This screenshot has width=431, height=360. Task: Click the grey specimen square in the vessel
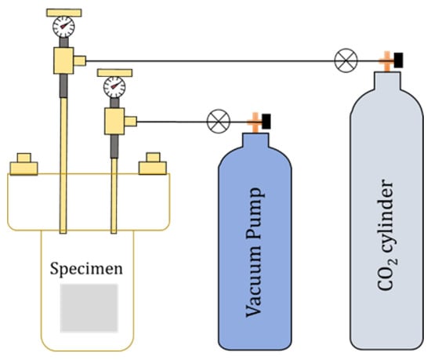(89, 307)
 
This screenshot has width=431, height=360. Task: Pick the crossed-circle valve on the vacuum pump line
(216, 121)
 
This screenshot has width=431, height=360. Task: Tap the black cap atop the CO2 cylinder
(398, 60)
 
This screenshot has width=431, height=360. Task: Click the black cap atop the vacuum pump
(267, 121)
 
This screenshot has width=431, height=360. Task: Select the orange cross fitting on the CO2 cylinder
(385, 60)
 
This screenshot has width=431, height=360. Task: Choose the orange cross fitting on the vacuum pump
(254, 122)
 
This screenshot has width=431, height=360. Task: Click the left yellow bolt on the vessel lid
(24, 164)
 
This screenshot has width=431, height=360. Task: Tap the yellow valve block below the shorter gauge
(118, 120)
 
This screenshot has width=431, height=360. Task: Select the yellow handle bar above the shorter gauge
(115, 72)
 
